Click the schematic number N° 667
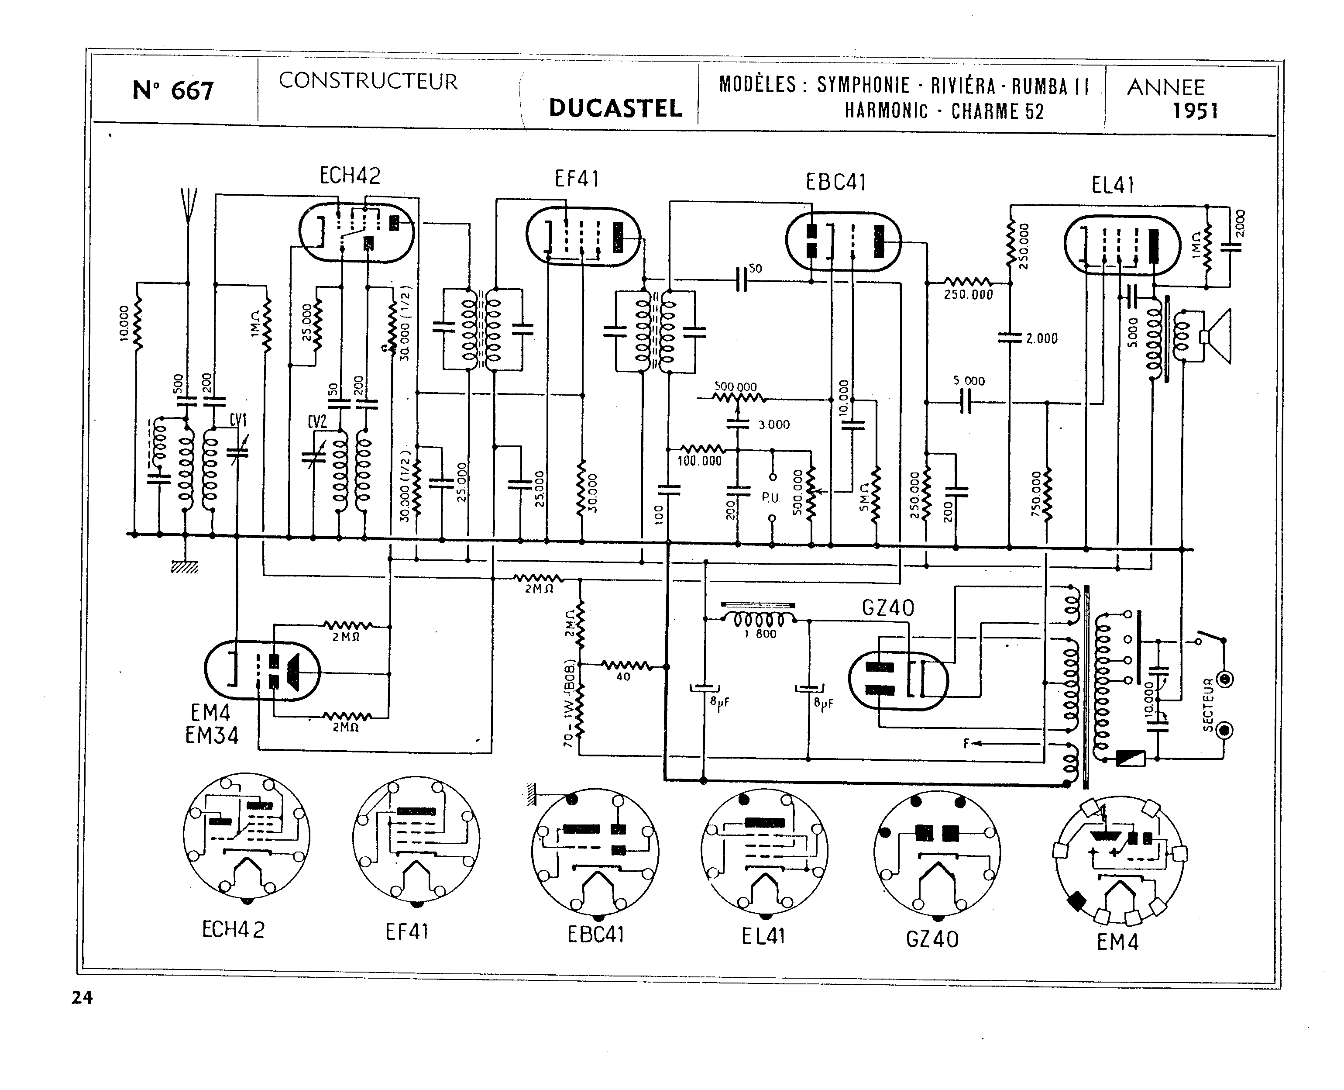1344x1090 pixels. pos(173,91)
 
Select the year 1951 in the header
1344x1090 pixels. pos(1195,112)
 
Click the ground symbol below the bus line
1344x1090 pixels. pos(185,567)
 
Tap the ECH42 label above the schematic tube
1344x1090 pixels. pos(350,176)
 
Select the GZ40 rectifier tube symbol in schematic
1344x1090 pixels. pos(898,681)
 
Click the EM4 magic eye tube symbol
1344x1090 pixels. pos(262,671)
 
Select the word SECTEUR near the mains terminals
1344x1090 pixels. pos(1208,704)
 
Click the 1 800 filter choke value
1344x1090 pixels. pos(760,634)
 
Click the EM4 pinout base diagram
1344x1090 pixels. pos(1118,862)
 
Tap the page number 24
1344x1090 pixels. pos(82,998)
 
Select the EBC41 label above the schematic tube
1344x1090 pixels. pos(836,183)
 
